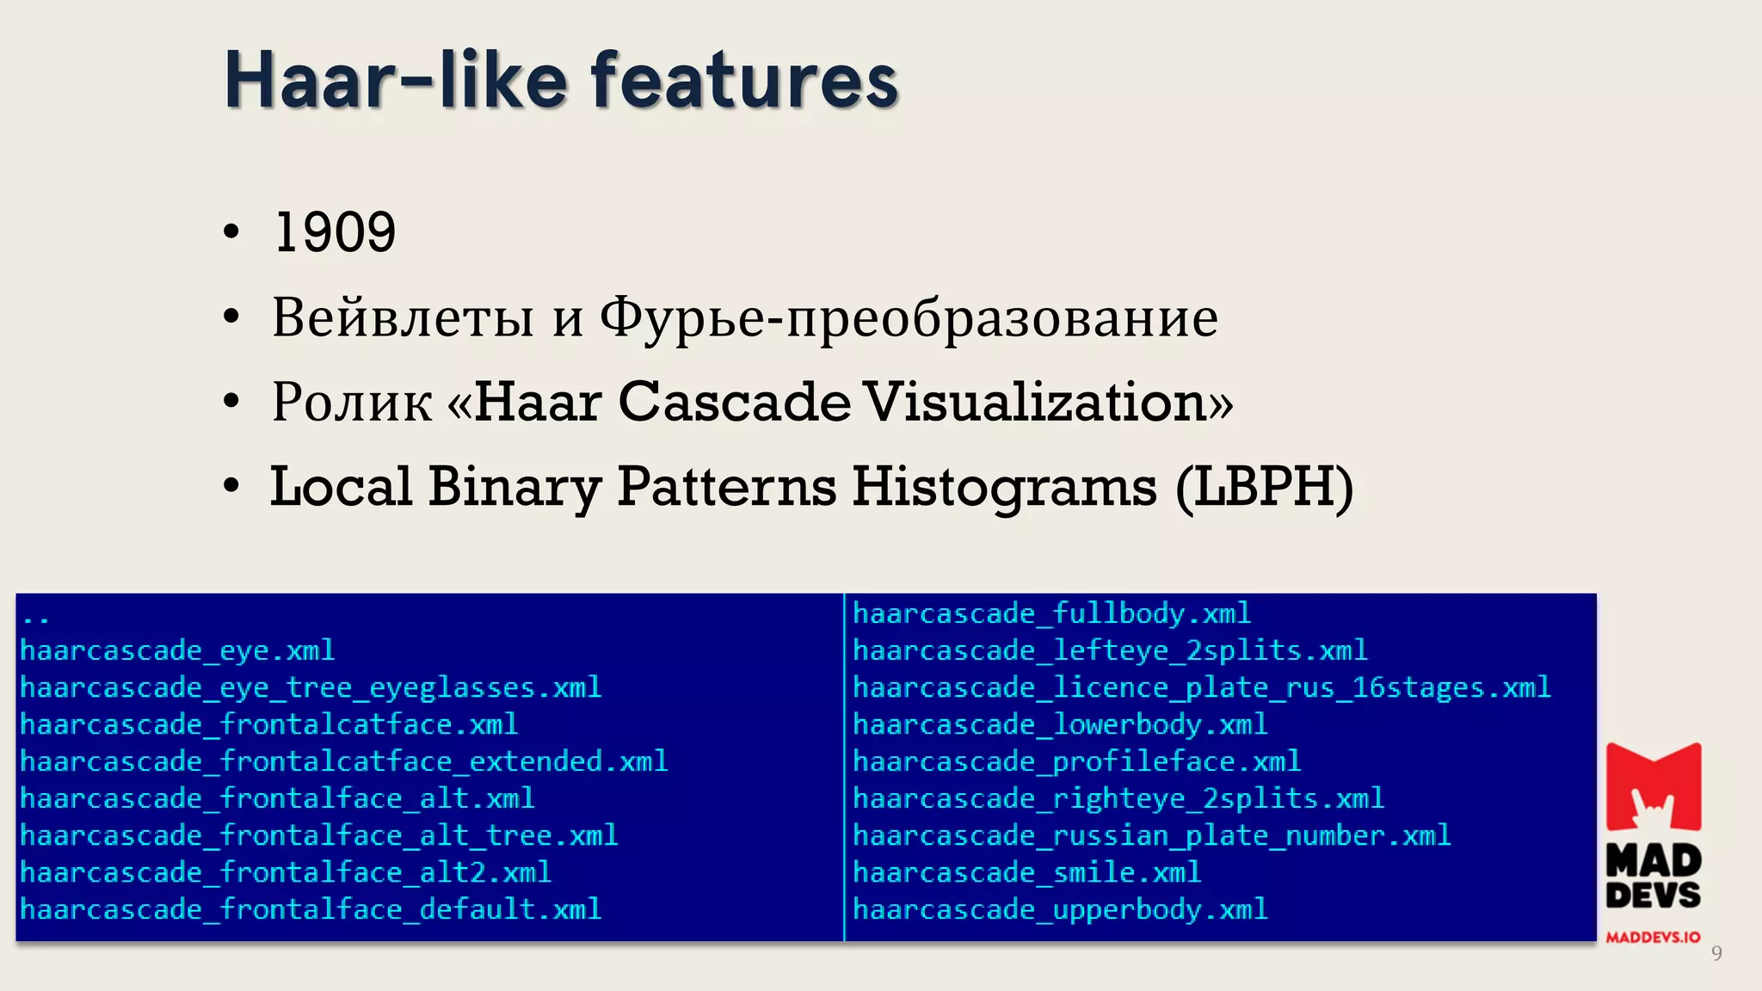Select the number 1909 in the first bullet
(335, 232)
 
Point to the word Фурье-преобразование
(909, 318)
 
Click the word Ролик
(352, 402)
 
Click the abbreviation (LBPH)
(1264, 487)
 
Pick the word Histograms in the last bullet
(1004, 487)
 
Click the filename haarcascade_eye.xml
(177, 650)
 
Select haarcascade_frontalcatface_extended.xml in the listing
(343, 761)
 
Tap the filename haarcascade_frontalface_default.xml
(311, 909)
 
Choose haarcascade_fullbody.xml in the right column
(1051, 613)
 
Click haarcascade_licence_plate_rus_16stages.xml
(1201, 687)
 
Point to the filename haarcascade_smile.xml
(1026, 872)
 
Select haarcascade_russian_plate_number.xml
(1151, 835)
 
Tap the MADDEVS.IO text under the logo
(1653, 938)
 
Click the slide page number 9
(1716, 953)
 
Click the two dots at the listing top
(35, 619)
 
